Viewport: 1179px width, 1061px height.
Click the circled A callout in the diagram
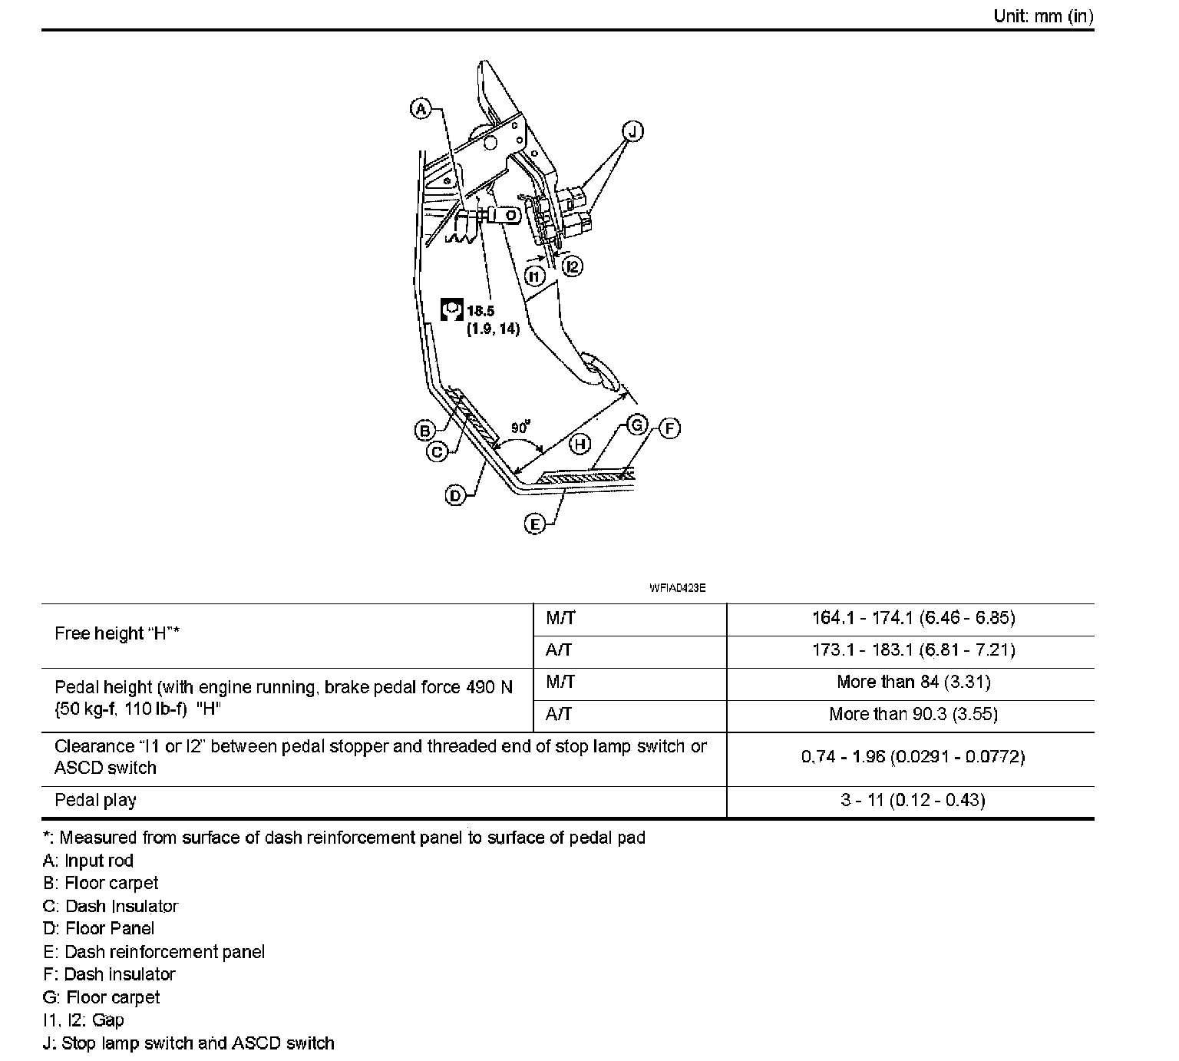[421, 109]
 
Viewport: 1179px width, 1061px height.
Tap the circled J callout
[632, 131]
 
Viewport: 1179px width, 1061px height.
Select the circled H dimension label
[580, 443]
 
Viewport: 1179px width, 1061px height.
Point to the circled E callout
[534, 524]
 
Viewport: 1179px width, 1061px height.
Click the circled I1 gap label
[535, 275]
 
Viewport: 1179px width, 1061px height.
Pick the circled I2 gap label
[572, 266]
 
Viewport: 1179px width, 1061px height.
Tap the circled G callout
[637, 425]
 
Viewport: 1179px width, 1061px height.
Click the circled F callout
[669, 428]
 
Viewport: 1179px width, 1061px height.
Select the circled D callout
[455, 496]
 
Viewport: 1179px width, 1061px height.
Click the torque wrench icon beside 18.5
[451, 309]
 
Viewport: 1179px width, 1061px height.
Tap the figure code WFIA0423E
[677, 588]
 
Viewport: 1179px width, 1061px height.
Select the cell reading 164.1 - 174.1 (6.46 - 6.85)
[913, 618]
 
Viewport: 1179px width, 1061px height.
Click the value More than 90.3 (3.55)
[913, 715]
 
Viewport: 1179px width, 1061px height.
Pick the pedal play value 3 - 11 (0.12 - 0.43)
[913, 800]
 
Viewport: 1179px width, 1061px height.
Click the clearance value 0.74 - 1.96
[913, 757]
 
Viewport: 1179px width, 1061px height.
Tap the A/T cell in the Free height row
[559, 650]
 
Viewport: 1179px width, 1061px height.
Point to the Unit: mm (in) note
[1043, 16]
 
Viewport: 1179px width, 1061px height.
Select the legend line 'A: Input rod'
[88, 861]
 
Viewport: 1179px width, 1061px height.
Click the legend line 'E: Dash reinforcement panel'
[154, 952]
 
